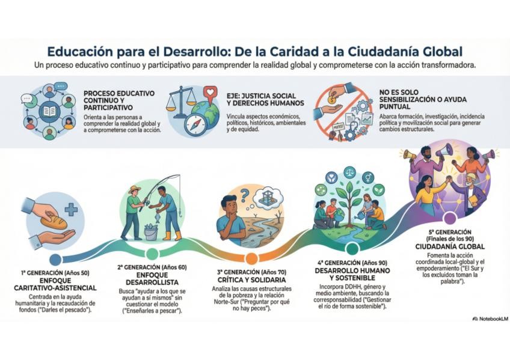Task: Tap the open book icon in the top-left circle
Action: (x=49, y=111)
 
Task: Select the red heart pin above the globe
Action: (x=209, y=93)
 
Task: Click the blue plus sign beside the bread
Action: (x=72, y=210)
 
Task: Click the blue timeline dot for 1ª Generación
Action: (x=55, y=259)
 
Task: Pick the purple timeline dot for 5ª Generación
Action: (x=450, y=218)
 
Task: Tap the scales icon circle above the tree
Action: (x=349, y=173)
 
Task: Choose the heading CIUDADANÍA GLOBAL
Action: (x=450, y=246)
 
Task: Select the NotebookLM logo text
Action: (x=493, y=319)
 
